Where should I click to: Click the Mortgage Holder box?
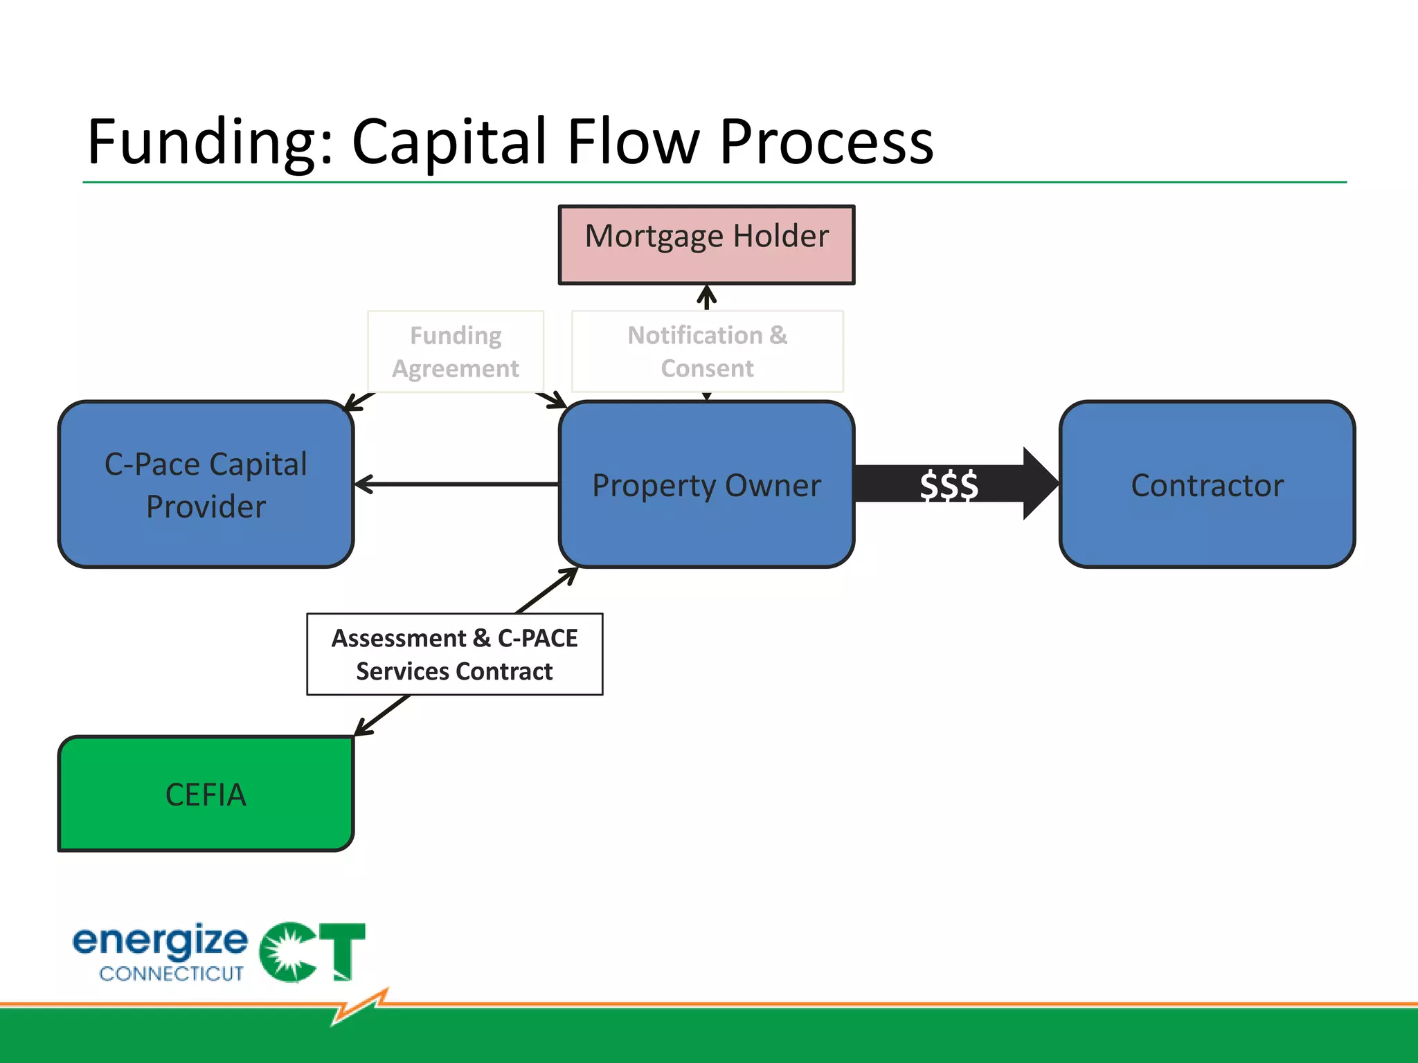pos(706,244)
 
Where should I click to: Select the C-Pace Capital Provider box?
pos(206,484)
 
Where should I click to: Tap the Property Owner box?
pos(706,484)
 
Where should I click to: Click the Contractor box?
pos(1207,484)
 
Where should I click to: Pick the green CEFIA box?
pos(206,794)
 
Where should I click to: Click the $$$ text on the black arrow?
pos(949,484)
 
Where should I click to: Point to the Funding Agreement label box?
pos(456,352)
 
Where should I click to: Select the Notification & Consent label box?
pos(707,352)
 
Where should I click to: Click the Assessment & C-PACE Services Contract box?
pos(455,654)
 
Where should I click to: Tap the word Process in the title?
pos(827,142)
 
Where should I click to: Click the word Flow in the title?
pos(633,142)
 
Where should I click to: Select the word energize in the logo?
pos(160,941)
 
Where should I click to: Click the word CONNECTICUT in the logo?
pos(171,974)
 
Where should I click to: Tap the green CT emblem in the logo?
pos(312,952)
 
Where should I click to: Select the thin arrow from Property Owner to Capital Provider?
pos(457,484)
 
